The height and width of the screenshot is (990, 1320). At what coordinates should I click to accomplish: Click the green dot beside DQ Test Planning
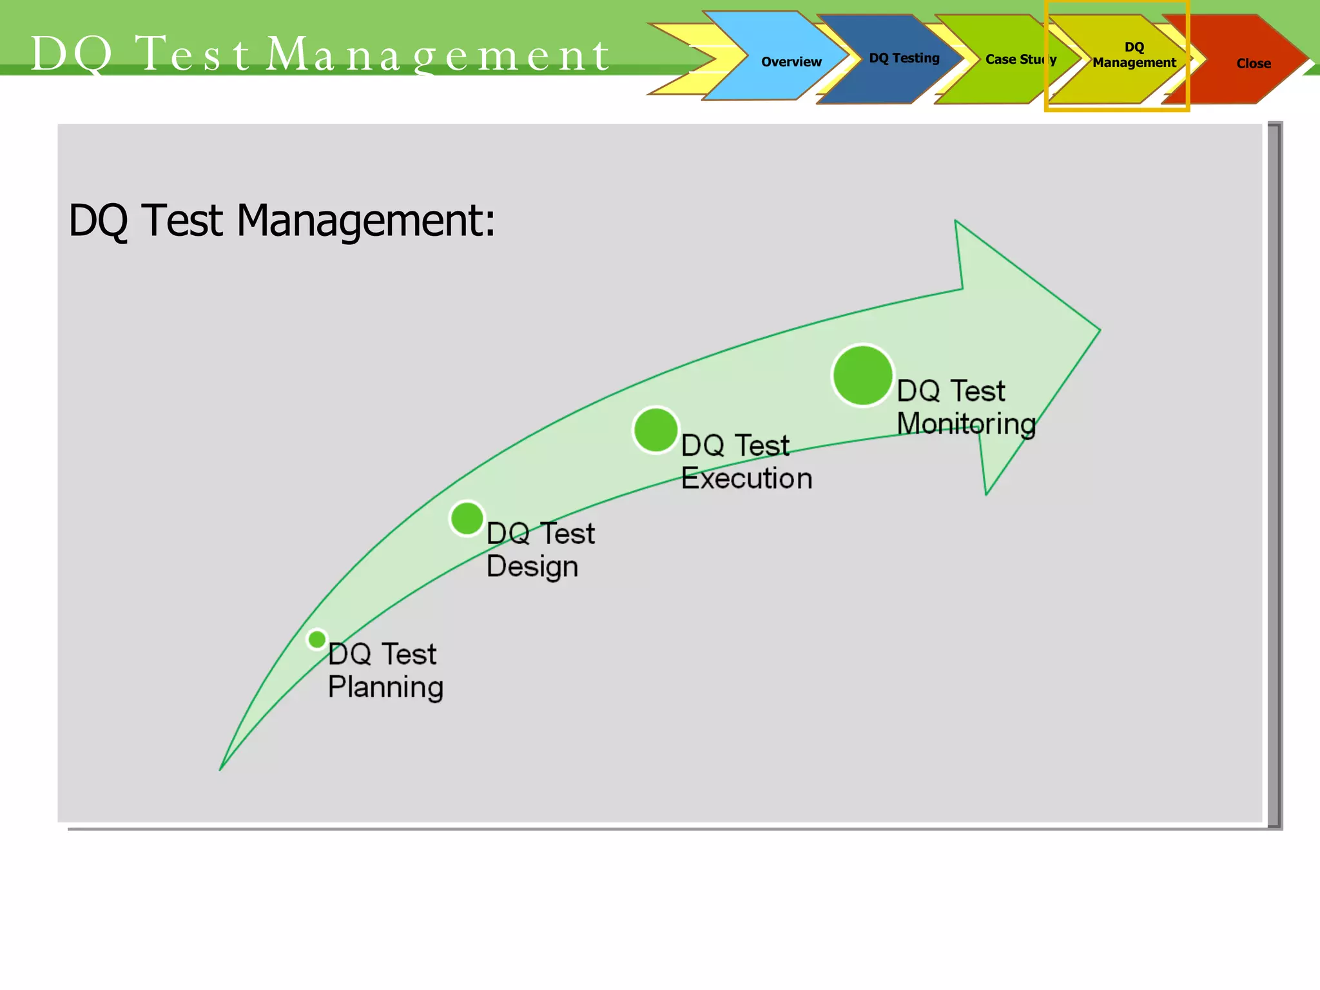[x=316, y=639]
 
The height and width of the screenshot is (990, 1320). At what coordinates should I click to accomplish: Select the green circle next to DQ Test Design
[x=467, y=518]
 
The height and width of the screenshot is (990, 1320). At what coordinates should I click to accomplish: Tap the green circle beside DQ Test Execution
[x=655, y=430]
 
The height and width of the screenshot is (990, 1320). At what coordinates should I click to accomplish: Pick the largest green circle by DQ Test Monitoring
[x=862, y=376]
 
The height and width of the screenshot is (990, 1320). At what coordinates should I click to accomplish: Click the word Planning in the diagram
[x=385, y=687]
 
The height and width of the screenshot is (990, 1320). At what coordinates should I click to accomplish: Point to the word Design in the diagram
[x=532, y=567]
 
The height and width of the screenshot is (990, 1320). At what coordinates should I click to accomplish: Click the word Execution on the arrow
[x=746, y=479]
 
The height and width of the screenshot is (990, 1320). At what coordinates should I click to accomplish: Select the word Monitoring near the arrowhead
[x=966, y=424]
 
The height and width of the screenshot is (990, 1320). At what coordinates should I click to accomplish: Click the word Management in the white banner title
[x=438, y=54]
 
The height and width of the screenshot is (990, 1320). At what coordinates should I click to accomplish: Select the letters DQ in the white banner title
[x=71, y=54]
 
